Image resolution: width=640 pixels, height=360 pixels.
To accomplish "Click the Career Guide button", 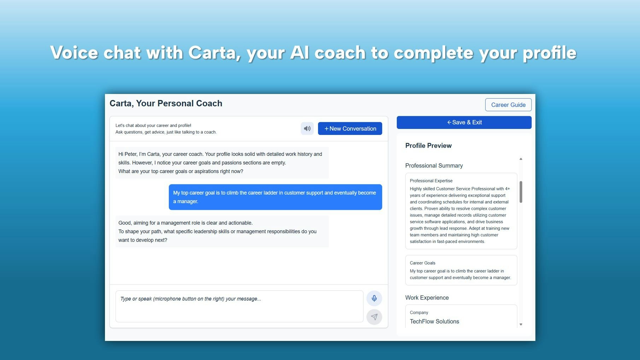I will pyautogui.click(x=508, y=105).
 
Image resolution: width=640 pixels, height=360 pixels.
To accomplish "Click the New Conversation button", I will pyautogui.click(x=350, y=129).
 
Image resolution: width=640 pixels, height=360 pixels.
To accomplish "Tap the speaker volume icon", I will pyautogui.click(x=307, y=129).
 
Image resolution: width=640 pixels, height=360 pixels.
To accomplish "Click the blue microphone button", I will pyautogui.click(x=374, y=299).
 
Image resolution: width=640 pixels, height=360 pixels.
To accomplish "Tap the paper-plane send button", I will pyautogui.click(x=374, y=317).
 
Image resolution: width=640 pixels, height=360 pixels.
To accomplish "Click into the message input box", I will pyautogui.click(x=239, y=306).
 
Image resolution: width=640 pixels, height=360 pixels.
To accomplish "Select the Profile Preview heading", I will pyautogui.click(x=428, y=146).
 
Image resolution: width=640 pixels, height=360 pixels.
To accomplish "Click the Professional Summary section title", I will pyautogui.click(x=434, y=166).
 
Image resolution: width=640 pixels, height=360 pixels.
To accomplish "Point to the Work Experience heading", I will pyautogui.click(x=427, y=298).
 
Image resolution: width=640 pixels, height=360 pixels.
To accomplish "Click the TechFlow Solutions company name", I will pyautogui.click(x=434, y=321).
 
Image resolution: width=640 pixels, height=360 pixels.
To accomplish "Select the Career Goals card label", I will pyautogui.click(x=422, y=263).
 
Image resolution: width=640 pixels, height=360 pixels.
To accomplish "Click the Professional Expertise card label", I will pyautogui.click(x=431, y=181).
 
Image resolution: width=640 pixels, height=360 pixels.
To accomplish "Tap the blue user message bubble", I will pyautogui.click(x=275, y=197).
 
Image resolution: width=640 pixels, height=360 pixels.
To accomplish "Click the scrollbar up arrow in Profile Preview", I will pyautogui.click(x=521, y=159).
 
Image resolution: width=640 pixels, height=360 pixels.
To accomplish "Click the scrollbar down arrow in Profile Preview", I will pyautogui.click(x=521, y=324).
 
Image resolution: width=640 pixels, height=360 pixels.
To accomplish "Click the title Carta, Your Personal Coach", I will pyautogui.click(x=166, y=104).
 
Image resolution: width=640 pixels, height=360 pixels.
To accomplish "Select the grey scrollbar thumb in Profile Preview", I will pyautogui.click(x=521, y=192).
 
